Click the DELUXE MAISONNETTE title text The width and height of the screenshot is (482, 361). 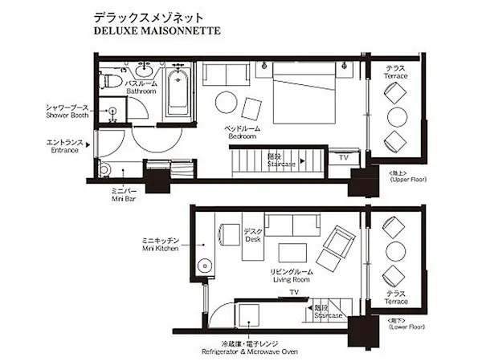157,30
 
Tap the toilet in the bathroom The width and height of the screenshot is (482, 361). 110,80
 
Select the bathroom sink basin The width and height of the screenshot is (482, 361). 144,71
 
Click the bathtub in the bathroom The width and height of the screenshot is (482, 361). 178,92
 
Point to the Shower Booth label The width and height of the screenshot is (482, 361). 67,116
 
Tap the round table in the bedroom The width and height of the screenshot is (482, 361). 227,102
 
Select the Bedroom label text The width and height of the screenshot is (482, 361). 243,136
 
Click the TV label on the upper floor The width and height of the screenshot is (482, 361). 344,157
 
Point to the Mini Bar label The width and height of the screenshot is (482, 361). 124,199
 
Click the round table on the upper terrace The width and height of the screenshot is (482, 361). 397,116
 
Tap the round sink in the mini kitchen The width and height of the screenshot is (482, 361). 204,266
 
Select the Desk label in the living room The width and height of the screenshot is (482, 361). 253,239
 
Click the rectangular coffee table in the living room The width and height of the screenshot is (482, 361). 292,253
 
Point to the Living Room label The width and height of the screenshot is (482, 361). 292,280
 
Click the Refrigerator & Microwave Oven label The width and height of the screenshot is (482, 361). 250,351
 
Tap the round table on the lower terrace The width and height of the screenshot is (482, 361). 395,253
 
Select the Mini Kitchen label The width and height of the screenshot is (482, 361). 160,249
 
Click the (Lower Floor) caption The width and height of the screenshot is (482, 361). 406,327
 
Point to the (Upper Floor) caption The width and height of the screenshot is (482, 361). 408,179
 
